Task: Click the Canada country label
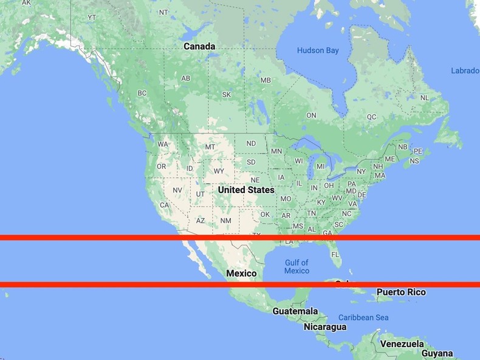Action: (199, 46)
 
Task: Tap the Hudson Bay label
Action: (318, 50)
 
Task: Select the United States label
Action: (246, 189)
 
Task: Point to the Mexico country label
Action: (241, 273)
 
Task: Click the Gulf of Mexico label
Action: (297, 267)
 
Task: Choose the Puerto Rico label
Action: (401, 292)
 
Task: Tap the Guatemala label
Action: (295, 311)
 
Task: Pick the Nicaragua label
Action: (325, 327)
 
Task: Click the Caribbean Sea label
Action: (363, 317)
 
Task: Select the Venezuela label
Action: (402, 344)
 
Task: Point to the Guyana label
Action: (437, 353)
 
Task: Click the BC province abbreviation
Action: (142, 93)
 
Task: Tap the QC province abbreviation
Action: (371, 117)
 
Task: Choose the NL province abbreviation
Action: (425, 97)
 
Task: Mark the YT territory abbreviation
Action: (92, 17)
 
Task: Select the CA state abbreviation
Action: (164, 205)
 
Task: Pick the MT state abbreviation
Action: (210, 147)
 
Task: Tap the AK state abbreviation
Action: (26, 3)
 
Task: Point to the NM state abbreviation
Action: (225, 220)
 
